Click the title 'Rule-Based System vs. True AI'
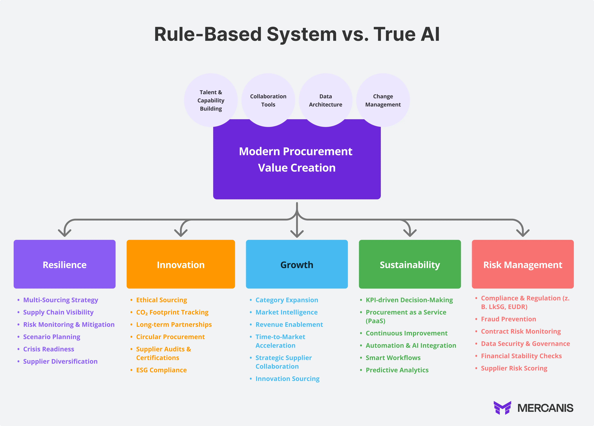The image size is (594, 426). tap(297, 34)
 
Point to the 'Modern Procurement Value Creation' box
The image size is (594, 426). tap(297, 160)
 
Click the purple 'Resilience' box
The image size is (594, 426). tap(64, 264)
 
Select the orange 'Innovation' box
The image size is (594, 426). tap(181, 264)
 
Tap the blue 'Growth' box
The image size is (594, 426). tap(297, 264)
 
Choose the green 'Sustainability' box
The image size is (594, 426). tap(410, 264)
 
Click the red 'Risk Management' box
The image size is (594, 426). tap(523, 264)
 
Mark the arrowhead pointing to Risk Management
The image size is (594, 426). tap(523, 233)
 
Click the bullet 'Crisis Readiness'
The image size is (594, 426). tap(49, 349)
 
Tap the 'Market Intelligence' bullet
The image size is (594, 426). tap(287, 312)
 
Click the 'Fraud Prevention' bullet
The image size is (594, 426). tap(508, 319)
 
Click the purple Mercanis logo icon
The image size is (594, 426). tap(502, 408)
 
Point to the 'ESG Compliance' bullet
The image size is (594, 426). tap(161, 370)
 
